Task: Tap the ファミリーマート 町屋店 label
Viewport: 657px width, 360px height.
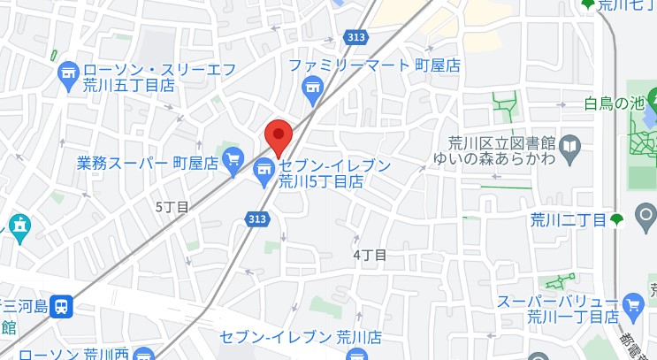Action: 375,65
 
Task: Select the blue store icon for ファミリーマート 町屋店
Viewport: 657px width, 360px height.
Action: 311,87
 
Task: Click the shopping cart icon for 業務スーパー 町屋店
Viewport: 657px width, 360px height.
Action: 233,159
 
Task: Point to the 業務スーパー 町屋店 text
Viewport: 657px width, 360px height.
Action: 148,163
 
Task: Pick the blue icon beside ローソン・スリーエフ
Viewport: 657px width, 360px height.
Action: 68,77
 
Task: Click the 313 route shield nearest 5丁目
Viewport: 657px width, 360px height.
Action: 257,218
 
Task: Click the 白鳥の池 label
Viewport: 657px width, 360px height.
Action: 614,103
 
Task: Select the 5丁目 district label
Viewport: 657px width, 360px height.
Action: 172,207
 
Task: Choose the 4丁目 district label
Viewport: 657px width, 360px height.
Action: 370,254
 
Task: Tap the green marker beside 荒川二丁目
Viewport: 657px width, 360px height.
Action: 616,219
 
